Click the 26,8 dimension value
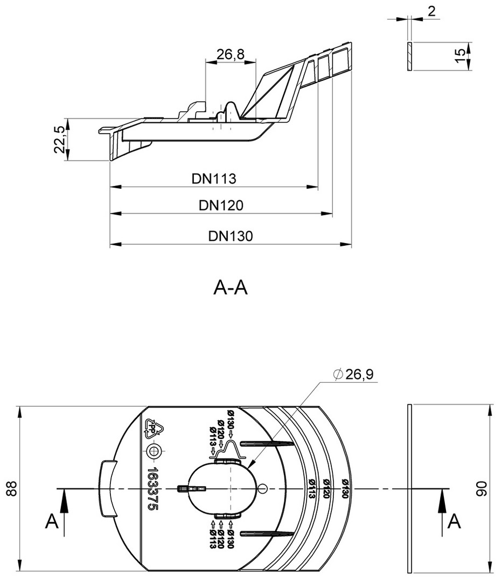(x=230, y=54)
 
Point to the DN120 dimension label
(x=221, y=205)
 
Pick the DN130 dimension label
(x=230, y=236)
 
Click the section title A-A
(x=231, y=288)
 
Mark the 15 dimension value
(x=459, y=56)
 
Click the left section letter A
(x=51, y=521)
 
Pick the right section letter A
(x=455, y=521)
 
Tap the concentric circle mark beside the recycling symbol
(x=155, y=451)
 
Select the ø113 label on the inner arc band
(x=312, y=488)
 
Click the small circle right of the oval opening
(x=262, y=488)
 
